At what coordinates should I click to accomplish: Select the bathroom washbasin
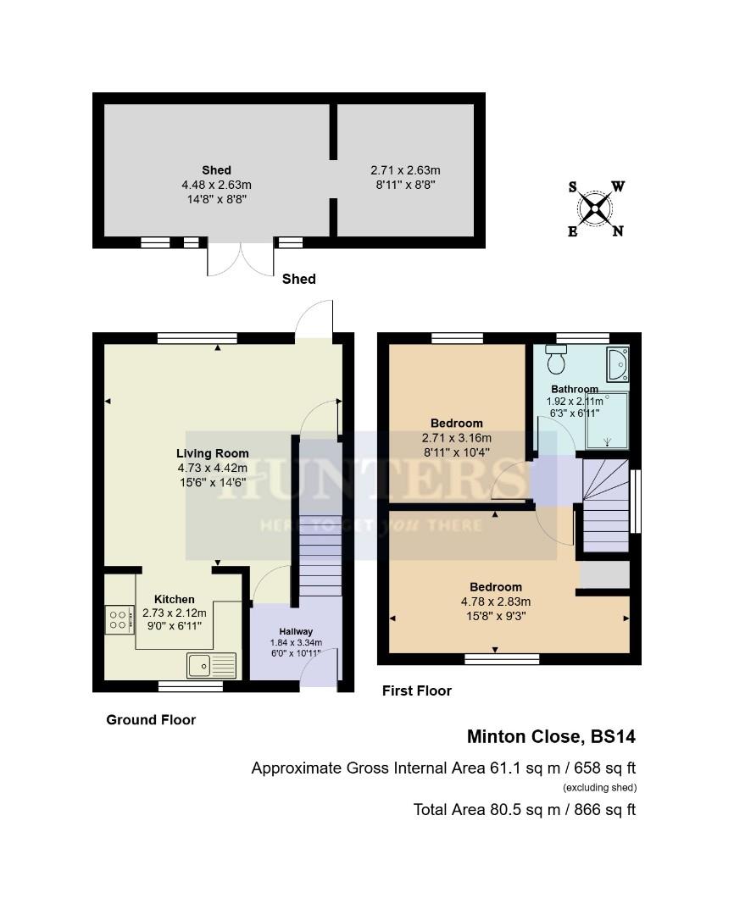coord(616,363)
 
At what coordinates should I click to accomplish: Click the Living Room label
coord(212,453)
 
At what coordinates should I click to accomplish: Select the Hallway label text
coord(296,631)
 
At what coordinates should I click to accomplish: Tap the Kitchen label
coord(174,599)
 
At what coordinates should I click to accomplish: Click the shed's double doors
coord(242,259)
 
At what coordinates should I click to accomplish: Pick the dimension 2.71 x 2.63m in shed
coord(405,169)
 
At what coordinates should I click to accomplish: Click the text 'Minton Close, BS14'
coord(551,737)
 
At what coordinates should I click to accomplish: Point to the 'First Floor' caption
coord(416,690)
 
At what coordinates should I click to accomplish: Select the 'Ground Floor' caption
coord(151,719)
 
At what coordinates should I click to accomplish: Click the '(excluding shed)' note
coord(599,788)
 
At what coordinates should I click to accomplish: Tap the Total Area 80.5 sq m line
coord(524,809)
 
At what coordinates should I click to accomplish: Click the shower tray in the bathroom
coord(608,419)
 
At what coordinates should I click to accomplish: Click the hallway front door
coord(320,668)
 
